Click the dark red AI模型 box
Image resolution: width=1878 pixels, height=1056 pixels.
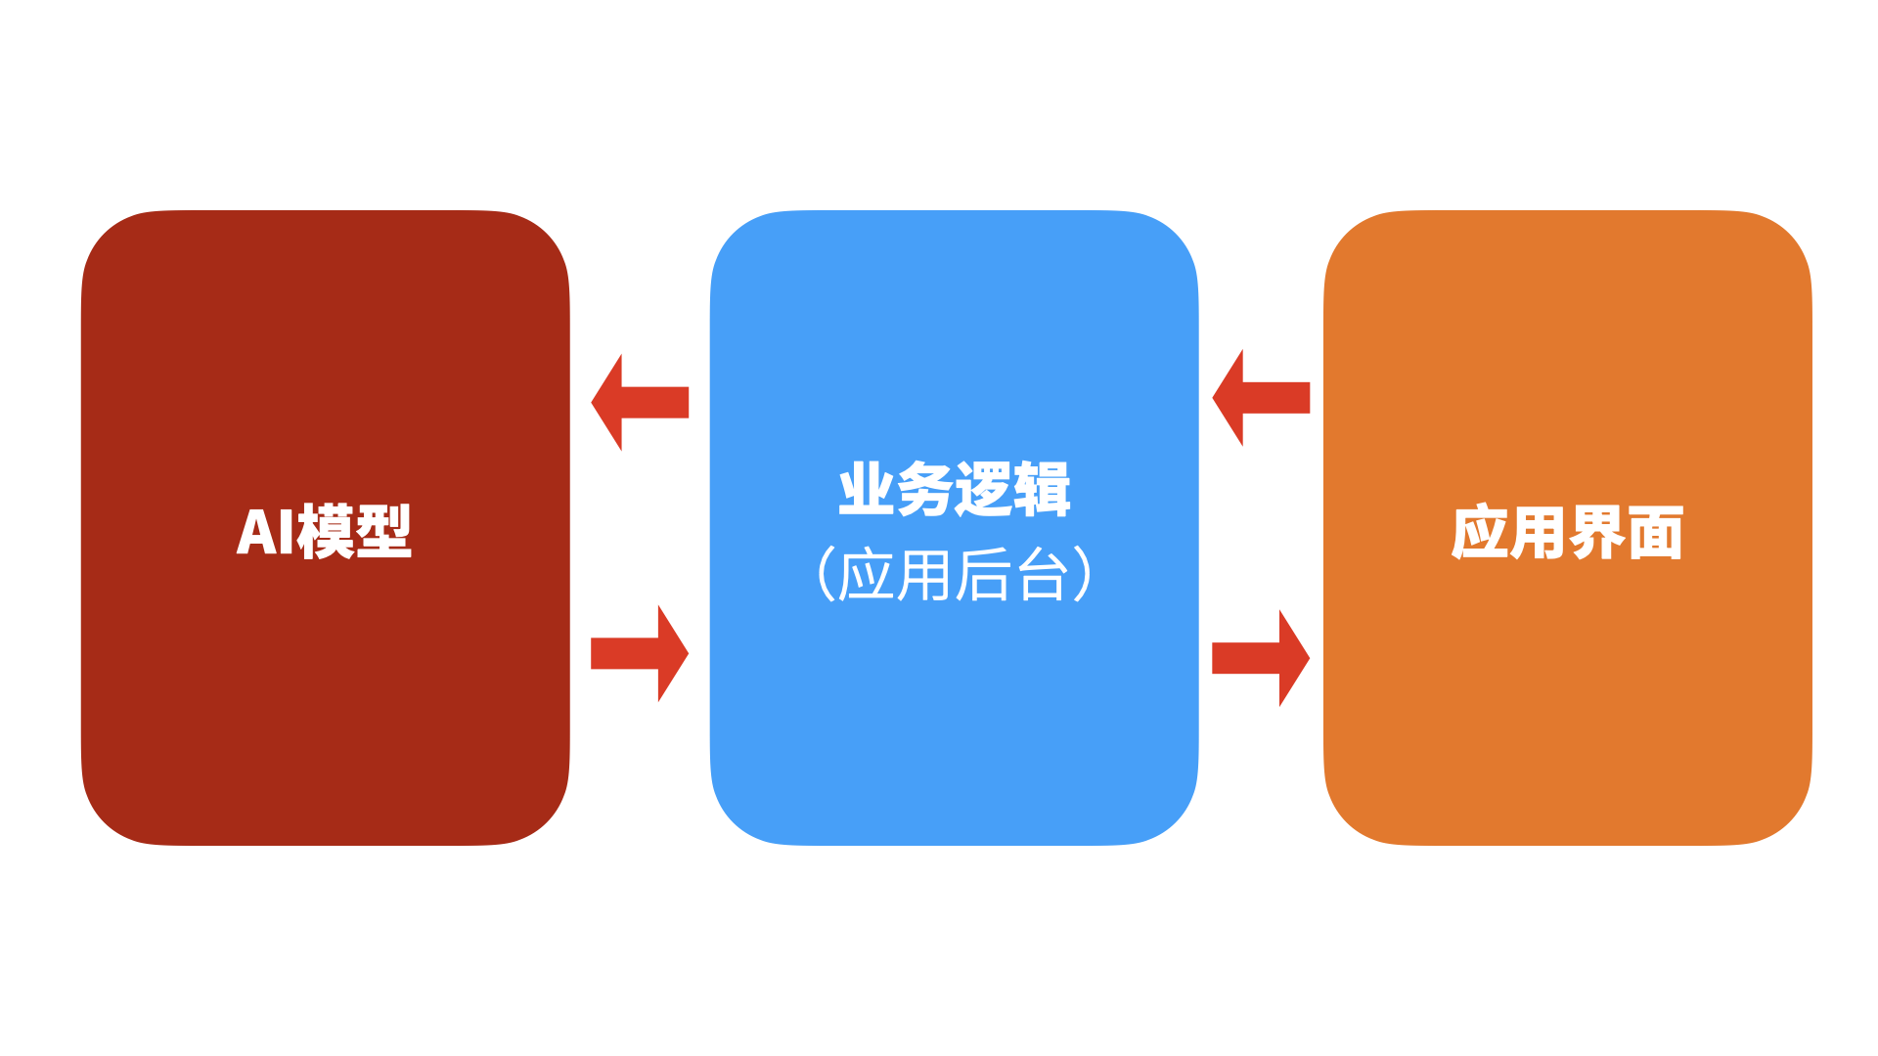[325, 684]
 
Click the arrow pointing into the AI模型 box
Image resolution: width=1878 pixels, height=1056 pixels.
[640, 402]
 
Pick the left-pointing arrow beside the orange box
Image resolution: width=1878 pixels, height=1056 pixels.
[1261, 397]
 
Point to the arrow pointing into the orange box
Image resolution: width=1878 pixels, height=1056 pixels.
[1261, 658]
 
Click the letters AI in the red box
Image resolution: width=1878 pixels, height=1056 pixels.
[265, 533]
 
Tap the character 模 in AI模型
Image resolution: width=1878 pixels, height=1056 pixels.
[325, 533]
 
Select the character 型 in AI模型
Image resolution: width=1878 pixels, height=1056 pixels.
[383, 533]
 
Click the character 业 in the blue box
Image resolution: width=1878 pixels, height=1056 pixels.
[867, 490]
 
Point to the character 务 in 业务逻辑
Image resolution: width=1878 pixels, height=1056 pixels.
[924, 490]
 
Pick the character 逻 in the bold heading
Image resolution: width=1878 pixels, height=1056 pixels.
[983, 490]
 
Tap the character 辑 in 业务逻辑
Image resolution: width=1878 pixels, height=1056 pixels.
[1042, 490]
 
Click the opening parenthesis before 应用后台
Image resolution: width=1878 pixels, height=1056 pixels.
[825, 574]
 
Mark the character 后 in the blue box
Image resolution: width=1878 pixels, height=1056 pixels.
[983, 575]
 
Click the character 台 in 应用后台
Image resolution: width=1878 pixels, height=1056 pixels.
[1042, 575]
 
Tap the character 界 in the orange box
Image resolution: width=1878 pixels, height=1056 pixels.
[1596, 533]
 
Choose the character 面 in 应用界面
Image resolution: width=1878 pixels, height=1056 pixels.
[1655, 533]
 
